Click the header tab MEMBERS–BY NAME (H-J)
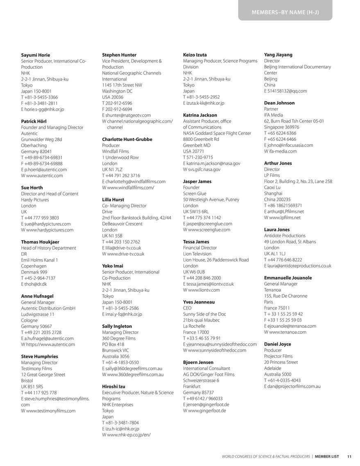tap(285, 12)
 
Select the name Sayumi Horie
tap(36, 55)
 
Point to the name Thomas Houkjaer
tap(40, 242)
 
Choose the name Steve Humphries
tap(39, 357)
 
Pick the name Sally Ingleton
tap(117, 327)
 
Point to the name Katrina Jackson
tap(200, 115)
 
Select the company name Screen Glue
tap(195, 193)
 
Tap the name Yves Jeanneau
tap(199, 302)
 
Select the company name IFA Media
tap(273, 115)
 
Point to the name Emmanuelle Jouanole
tap(288, 278)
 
